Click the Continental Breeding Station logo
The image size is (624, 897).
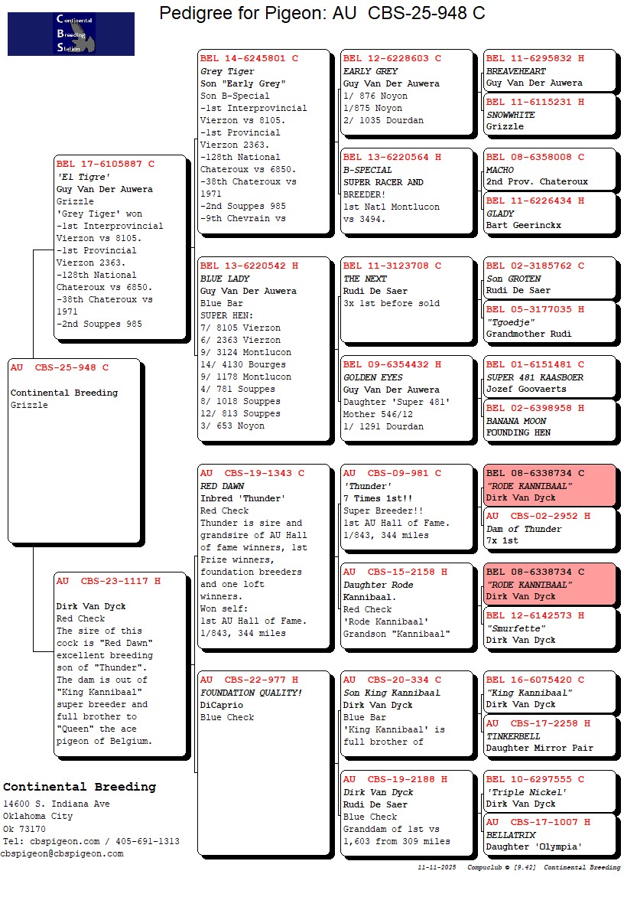[70, 34]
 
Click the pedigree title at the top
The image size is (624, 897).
[322, 13]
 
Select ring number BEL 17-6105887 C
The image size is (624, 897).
[106, 164]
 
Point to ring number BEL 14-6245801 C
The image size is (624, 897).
[249, 58]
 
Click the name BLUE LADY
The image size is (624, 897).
[225, 279]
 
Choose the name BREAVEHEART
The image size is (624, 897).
[516, 71]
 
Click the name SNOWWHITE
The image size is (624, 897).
[511, 115]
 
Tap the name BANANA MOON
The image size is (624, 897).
[516, 421]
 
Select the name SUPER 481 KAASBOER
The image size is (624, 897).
[535, 377]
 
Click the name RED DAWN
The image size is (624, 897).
[222, 486]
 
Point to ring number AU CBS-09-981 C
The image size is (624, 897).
[392, 473]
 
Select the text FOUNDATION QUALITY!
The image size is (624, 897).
[252, 693]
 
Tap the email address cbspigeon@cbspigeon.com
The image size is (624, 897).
[62, 853]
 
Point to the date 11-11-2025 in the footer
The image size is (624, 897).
[437, 867]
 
